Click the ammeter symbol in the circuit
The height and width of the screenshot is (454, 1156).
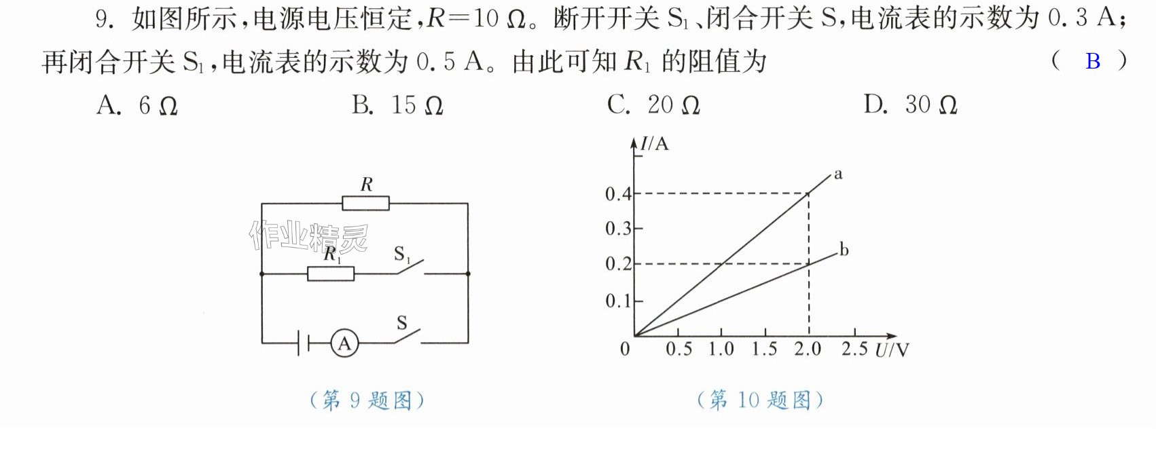344,343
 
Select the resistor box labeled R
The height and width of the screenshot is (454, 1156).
365,204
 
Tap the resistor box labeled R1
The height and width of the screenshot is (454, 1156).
331,273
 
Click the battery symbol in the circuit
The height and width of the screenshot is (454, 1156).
303,343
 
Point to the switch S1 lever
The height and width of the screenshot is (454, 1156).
410,267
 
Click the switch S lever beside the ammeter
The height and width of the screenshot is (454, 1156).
408,336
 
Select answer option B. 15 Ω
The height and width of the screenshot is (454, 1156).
397,105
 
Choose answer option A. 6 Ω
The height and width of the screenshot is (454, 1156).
137,106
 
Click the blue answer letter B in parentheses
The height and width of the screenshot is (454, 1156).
1093,61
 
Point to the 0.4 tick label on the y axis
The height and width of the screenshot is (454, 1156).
618,194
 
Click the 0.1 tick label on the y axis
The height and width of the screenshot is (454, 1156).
618,301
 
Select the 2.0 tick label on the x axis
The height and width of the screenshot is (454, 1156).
808,349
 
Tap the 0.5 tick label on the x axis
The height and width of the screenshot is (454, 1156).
679,349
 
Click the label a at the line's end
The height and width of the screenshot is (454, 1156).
837,174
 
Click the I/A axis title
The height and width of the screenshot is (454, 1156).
654,143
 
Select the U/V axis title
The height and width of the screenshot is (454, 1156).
892,349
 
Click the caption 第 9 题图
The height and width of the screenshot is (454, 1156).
367,400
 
